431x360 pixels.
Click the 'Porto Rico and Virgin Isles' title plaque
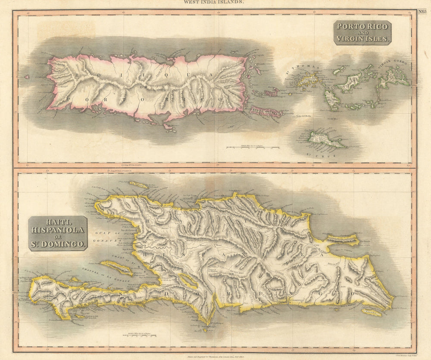coord(362,32)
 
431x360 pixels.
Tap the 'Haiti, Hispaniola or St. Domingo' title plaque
coord(58,233)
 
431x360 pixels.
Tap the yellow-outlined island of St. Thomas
coord(309,78)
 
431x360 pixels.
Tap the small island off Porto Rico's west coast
coord(26,77)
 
